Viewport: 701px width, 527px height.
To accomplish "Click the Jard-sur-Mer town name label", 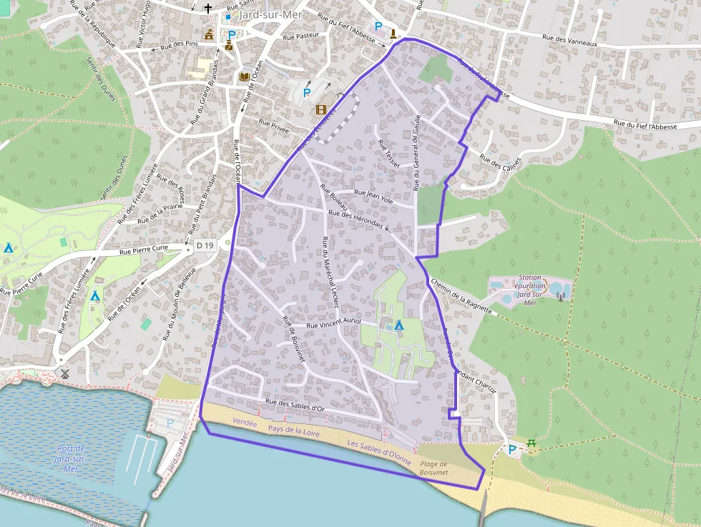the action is [271, 14].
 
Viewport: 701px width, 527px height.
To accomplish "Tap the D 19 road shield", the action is [205, 246].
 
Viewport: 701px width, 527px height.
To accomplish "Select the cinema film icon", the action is [321, 109].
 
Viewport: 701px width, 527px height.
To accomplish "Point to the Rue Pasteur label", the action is [300, 36].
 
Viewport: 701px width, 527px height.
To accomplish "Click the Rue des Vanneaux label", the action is [569, 41].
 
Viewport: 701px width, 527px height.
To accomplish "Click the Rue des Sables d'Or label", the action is [295, 405].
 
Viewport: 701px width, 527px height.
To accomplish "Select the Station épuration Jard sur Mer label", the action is [530, 290].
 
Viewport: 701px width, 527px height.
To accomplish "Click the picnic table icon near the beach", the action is [532, 444].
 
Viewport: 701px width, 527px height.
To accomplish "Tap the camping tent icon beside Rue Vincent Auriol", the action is [399, 325].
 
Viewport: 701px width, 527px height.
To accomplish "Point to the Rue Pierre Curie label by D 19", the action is [144, 250].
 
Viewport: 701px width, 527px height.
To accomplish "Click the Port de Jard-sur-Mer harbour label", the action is [71, 458].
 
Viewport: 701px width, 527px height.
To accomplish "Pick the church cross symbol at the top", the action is [208, 9].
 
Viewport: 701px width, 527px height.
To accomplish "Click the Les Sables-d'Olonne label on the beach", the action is [378, 453].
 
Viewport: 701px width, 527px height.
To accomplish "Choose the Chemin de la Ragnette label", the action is [461, 295].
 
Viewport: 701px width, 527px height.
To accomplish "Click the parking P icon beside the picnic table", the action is [512, 450].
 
